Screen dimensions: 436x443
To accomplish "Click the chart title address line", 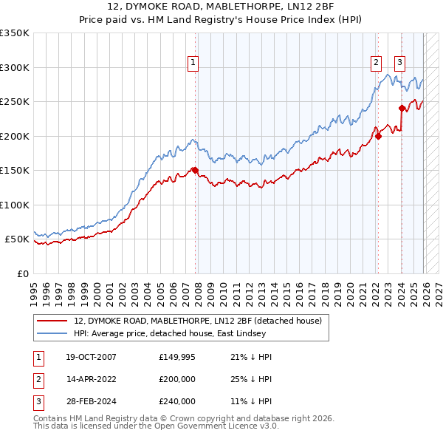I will tap(221, 7).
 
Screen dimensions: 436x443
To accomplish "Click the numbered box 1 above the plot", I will tap(193, 64).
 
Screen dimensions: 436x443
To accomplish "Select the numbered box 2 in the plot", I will tap(377, 64).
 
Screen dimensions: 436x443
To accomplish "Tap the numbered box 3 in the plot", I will tap(399, 64).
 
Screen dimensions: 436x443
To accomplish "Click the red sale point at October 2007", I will tap(196, 170).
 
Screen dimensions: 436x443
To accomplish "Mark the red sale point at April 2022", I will tap(377, 135).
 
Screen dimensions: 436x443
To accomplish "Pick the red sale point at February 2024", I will tap(401, 108).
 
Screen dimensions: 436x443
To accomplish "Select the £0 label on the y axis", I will tap(22, 273).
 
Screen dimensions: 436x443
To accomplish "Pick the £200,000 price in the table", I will tap(177, 379).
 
